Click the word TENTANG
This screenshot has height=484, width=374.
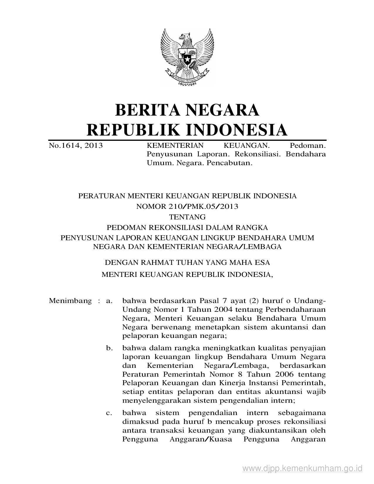tap(187, 217)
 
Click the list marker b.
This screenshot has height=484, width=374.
tap(109, 348)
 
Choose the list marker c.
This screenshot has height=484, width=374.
tap(109, 413)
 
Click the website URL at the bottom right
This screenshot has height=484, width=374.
tap(302, 468)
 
